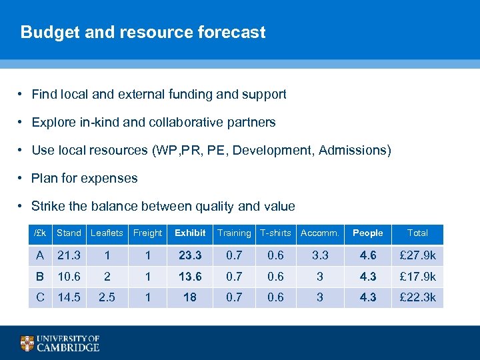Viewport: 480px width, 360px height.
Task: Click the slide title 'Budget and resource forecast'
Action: point(143,32)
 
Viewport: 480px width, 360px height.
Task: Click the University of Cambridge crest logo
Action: point(27,343)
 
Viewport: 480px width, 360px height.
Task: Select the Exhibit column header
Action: point(190,233)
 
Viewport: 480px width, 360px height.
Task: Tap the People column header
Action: point(368,233)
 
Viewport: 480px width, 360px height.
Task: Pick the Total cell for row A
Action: point(417,255)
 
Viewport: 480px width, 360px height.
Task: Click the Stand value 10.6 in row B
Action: point(69,277)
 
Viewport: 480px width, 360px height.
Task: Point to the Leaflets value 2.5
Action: point(107,298)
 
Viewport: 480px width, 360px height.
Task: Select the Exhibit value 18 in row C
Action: point(190,298)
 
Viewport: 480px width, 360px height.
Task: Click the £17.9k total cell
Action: point(417,277)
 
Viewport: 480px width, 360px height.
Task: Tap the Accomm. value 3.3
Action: point(320,255)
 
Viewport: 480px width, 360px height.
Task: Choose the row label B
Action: point(41,277)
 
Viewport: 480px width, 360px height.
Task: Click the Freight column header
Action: point(147,233)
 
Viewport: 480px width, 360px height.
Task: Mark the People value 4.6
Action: point(368,255)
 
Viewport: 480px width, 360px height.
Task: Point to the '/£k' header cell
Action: point(40,233)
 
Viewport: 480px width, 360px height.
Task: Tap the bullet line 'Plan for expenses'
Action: point(85,179)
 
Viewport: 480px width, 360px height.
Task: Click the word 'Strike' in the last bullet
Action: point(47,207)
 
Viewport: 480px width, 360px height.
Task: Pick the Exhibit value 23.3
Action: point(190,255)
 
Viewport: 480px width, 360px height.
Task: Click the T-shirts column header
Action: point(275,233)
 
